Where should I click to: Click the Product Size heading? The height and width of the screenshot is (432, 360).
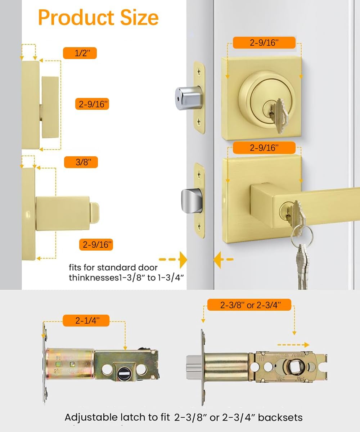[x=98, y=17]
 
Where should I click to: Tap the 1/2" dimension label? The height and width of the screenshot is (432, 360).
[x=80, y=53]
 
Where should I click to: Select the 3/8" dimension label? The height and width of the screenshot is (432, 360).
[x=81, y=162]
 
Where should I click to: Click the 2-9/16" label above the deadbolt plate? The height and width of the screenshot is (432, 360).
[x=264, y=42]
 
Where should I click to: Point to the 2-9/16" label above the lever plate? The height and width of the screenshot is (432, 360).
[x=264, y=148]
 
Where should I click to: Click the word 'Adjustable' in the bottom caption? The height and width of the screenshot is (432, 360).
[x=91, y=418]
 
